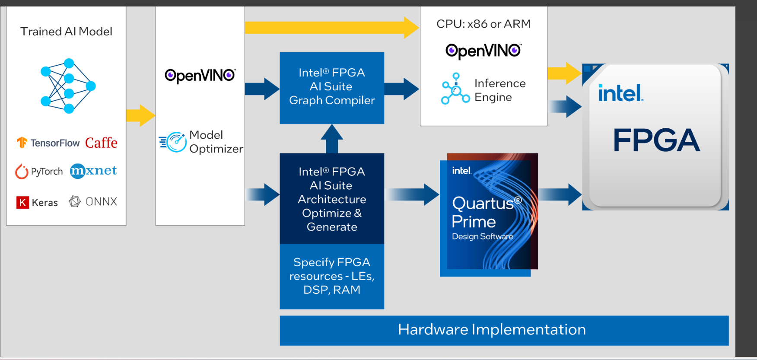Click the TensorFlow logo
pos(48,143)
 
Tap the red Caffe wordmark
pos(101,143)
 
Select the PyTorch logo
pos(39,172)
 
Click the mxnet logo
pos(93,171)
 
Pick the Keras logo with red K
pos(37,202)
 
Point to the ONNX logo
pos(93,201)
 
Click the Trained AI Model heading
pos(66,32)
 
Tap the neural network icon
pos(68,86)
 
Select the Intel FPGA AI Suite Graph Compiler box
pos(332,88)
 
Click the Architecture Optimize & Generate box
pos(332,199)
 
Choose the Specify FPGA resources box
pos(332,276)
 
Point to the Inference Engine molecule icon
pos(455,89)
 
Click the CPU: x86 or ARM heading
pos(483,24)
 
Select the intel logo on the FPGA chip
pos(620,93)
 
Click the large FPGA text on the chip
pos(656,140)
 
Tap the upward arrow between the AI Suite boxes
pos(332,138)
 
